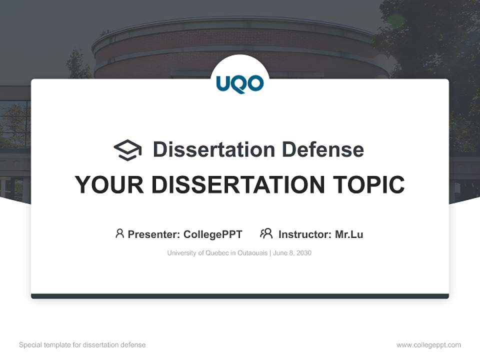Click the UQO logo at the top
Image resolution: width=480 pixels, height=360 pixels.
(x=240, y=84)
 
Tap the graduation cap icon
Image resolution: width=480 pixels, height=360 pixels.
(x=127, y=149)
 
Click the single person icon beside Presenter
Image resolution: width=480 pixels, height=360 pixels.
(x=119, y=233)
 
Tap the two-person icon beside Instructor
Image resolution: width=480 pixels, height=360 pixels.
(x=266, y=233)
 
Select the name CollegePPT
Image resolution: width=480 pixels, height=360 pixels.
(x=212, y=234)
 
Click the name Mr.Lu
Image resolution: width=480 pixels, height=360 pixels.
(x=349, y=234)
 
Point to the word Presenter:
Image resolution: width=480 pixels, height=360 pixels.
(x=154, y=234)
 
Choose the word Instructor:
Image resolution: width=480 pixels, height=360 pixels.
(x=304, y=234)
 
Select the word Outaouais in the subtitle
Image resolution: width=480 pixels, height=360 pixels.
(x=252, y=253)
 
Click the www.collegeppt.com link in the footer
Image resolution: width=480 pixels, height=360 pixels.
(x=428, y=345)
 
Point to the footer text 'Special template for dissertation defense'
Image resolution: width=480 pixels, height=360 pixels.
(x=82, y=345)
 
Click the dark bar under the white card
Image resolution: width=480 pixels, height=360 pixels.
(x=240, y=296)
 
